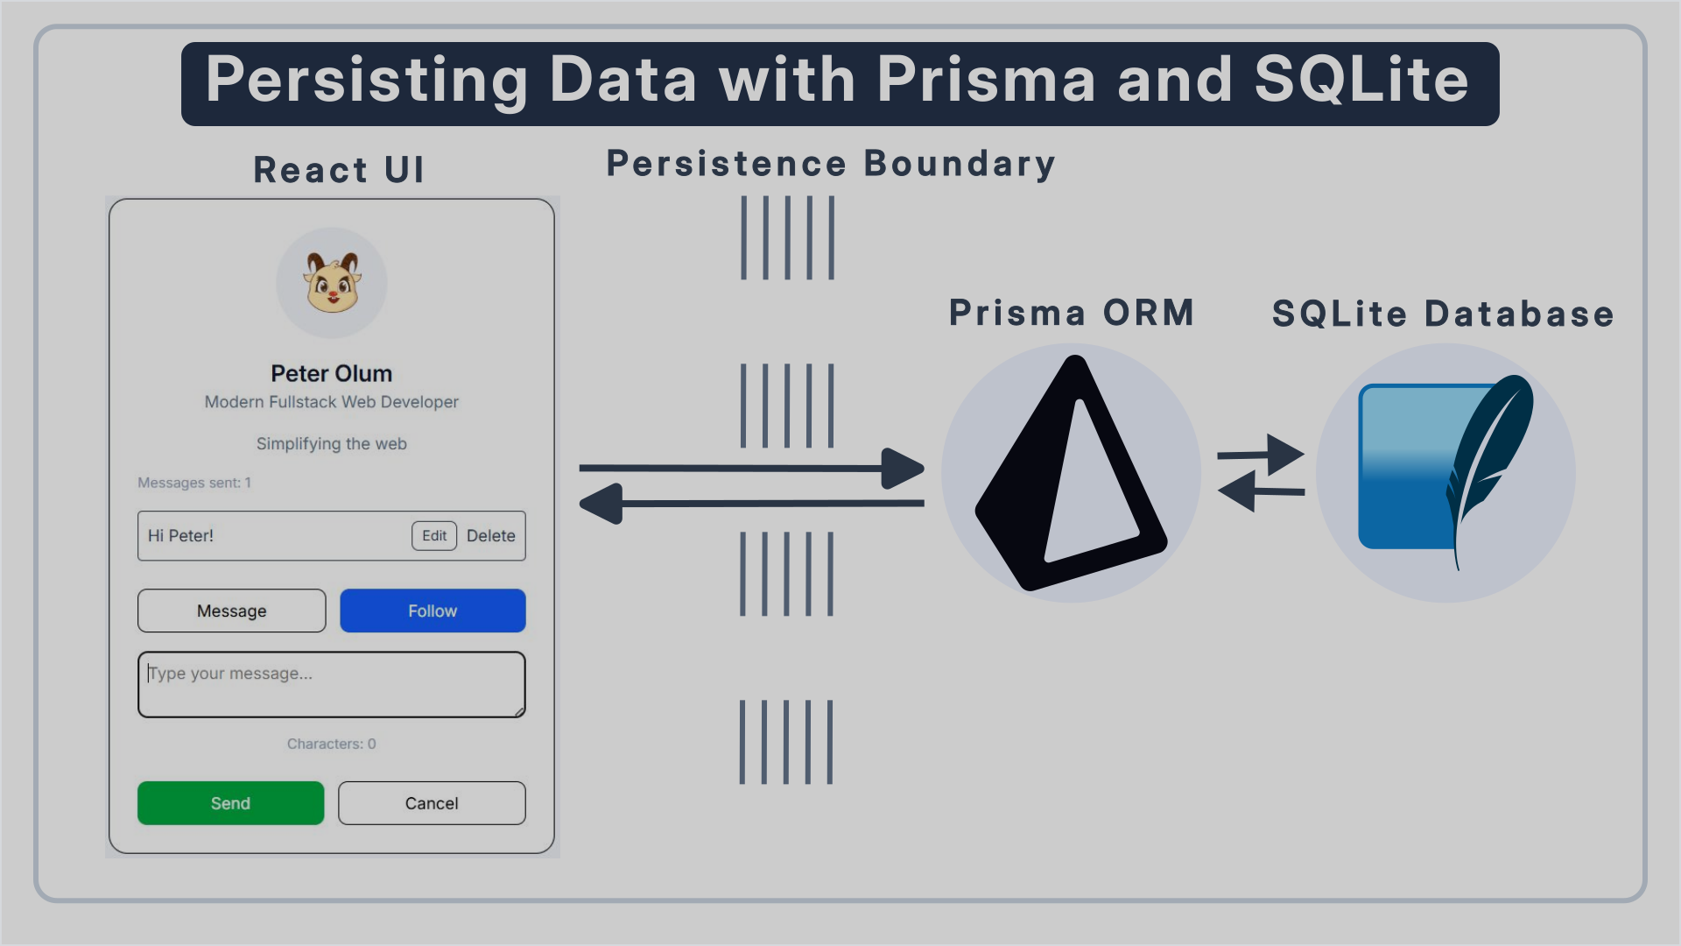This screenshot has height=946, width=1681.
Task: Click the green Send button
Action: click(230, 803)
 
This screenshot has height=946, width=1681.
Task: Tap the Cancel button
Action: click(432, 803)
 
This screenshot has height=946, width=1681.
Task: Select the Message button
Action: click(231, 611)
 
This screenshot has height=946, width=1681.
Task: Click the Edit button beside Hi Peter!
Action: click(434, 536)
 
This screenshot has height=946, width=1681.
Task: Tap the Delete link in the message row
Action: click(490, 536)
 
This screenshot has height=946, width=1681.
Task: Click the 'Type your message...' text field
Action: click(332, 684)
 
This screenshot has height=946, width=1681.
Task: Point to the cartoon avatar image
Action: click(332, 283)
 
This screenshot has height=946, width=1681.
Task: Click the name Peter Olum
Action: click(332, 373)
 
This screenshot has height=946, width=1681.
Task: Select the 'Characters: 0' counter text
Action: click(332, 744)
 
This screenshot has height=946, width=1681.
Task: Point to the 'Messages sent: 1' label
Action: click(194, 483)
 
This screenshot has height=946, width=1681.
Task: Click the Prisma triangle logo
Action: click(1070, 473)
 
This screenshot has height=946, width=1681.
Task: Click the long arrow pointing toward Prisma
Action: click(751, 469)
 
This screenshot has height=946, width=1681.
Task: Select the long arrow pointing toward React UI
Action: click(751, 504)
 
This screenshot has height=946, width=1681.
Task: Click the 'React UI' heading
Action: click(339, 169)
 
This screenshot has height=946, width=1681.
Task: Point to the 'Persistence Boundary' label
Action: click(831, 164)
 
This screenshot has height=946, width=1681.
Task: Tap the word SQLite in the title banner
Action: click(1361, 80)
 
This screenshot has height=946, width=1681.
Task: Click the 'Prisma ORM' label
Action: click(1072, 313)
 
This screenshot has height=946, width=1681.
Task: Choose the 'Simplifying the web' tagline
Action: click(332, 444)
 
